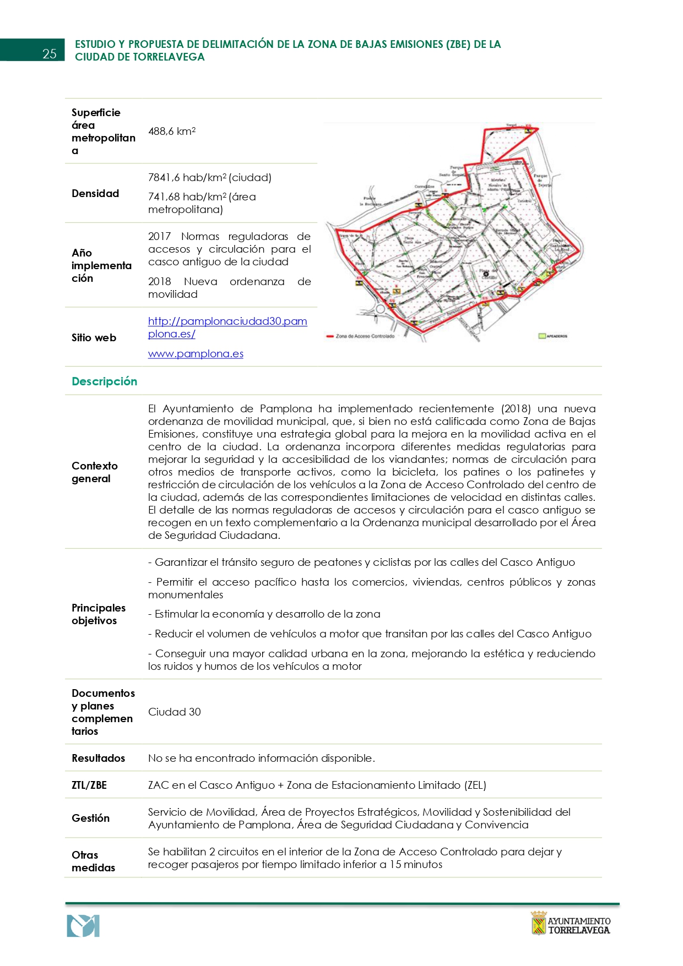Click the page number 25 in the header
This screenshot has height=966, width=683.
point(50,53)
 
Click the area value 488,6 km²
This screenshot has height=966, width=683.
point(172,132)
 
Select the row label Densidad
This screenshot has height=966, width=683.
point(95,194)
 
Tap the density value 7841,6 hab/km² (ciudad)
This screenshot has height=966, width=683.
point(209,178)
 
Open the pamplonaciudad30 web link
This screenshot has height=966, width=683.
point(227,328)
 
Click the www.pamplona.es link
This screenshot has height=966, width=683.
point(196,354)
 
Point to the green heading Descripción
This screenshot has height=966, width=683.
point(104,381)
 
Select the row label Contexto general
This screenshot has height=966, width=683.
point(94,472)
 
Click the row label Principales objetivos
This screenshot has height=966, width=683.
point(98,614)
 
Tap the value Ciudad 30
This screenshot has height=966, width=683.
point(174,712)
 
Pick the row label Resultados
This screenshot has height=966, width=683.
point(98,758)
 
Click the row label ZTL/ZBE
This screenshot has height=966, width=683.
point(89,785)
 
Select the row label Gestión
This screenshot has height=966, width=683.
point(90,818)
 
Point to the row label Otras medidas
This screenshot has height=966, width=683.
point(93,861)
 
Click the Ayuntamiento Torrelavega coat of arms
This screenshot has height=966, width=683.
point(538,923)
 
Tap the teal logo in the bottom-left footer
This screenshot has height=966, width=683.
point(83,926)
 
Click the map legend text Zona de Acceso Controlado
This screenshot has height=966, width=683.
point(365,336)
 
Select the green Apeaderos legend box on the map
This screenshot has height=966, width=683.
point(542,336)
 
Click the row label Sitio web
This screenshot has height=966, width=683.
point(94,338)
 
